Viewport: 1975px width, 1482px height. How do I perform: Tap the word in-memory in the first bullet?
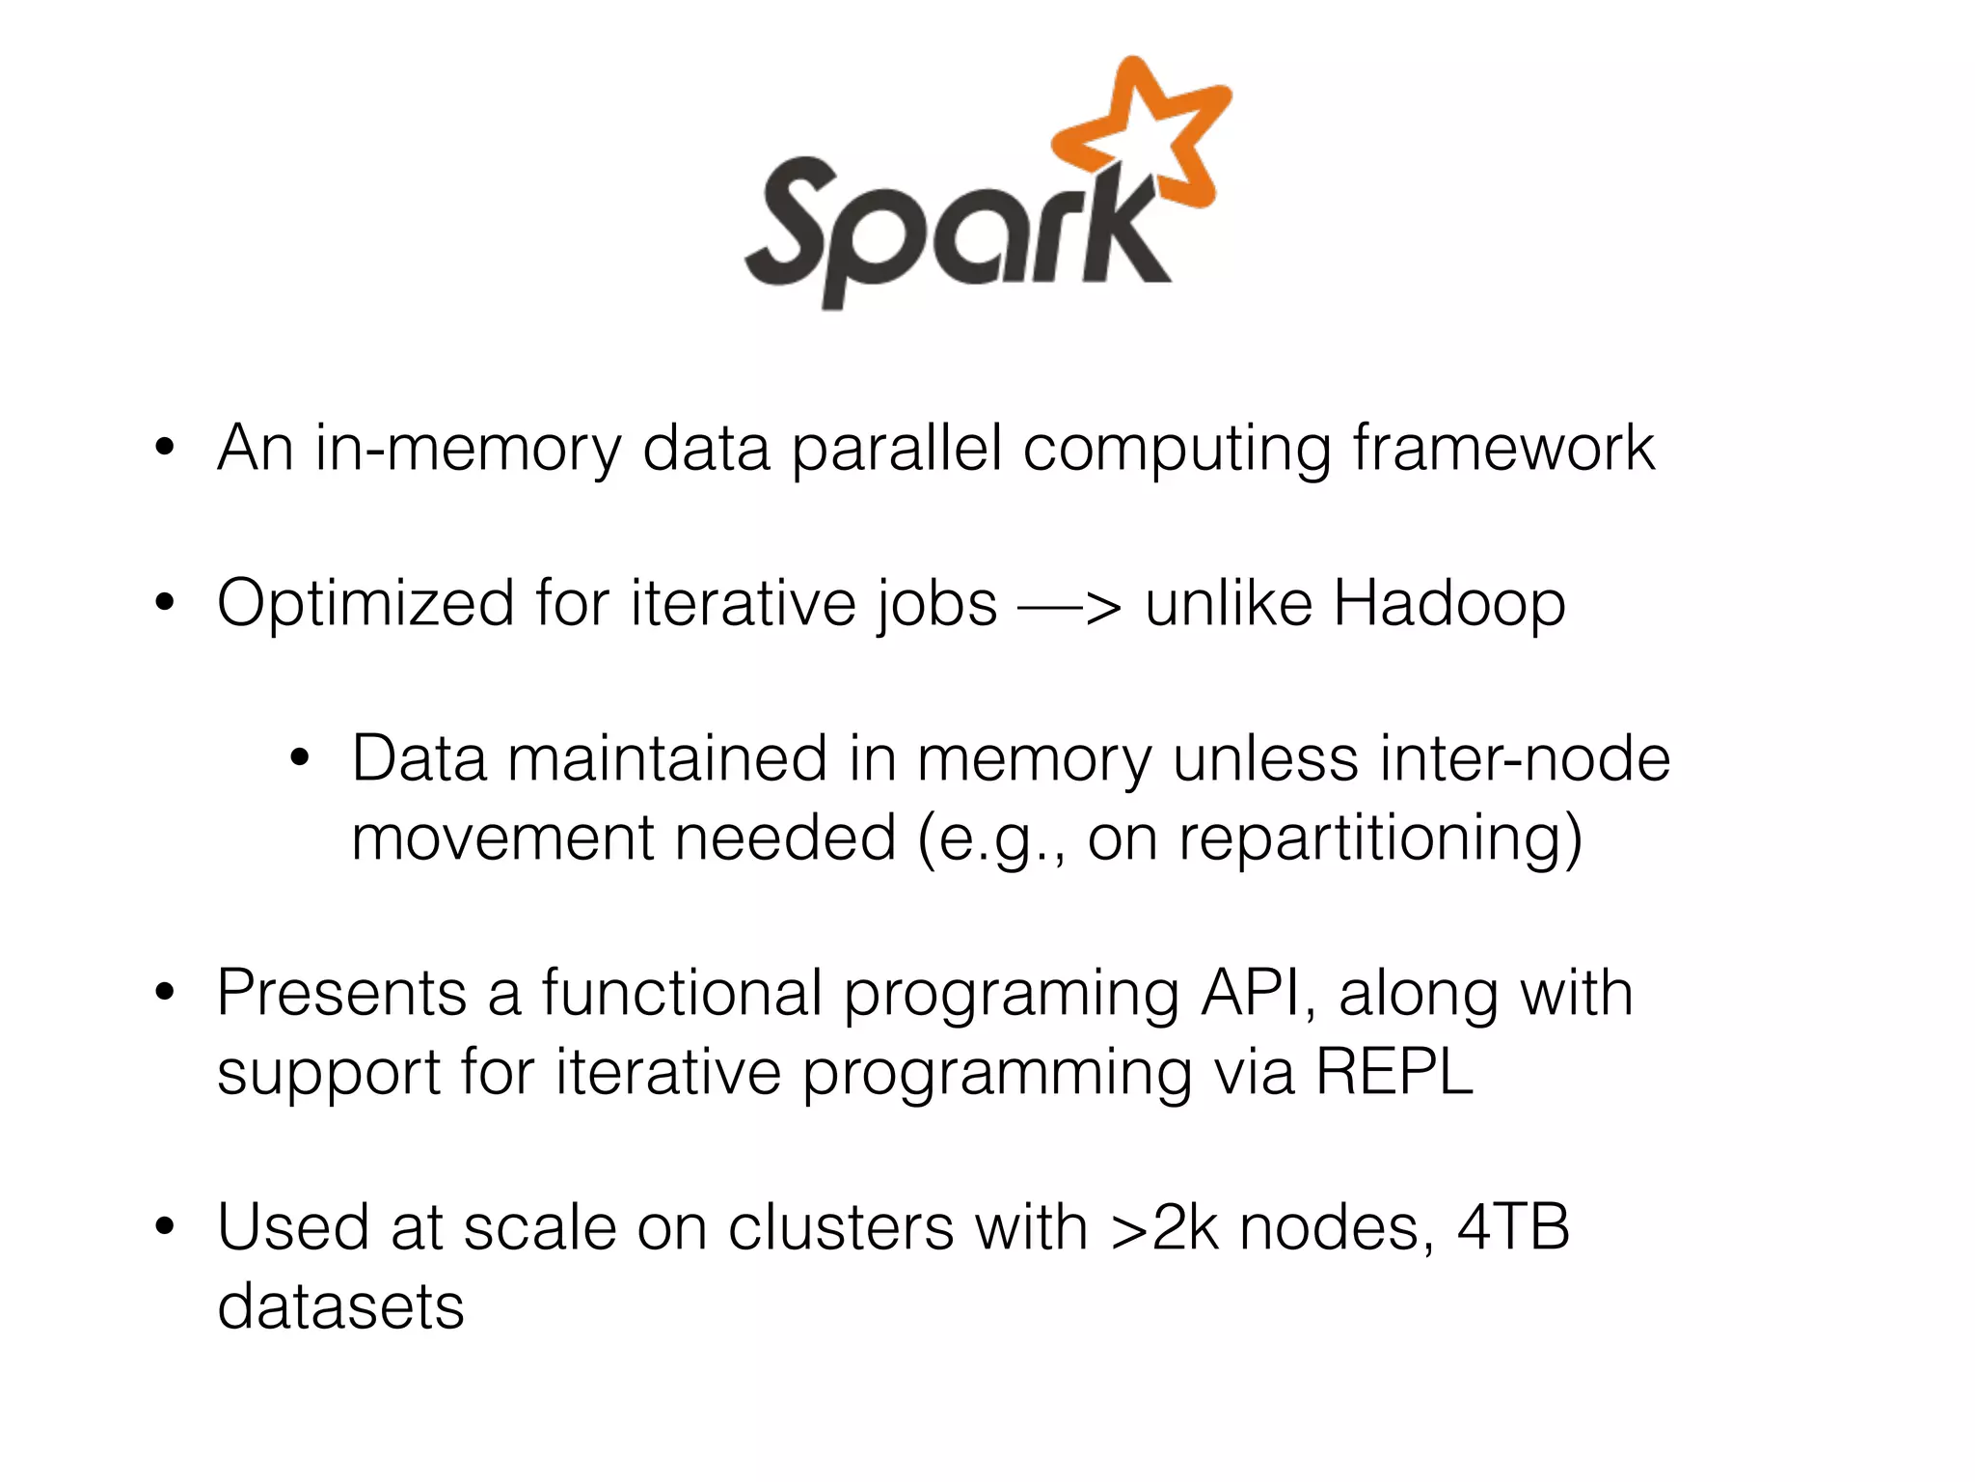(x=468, y=450)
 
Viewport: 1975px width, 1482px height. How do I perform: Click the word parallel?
(x=896, y=450)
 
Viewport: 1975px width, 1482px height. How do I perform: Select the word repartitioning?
(x=1380, y=838)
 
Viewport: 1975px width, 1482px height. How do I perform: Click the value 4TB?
(x=1513, y=1227)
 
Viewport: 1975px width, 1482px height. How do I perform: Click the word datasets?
(x=340, y=1306)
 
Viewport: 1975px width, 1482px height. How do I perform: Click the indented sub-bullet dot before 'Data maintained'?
(x=300, y=759)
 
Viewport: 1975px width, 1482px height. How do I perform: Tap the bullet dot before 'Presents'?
(x=165, y=993)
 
